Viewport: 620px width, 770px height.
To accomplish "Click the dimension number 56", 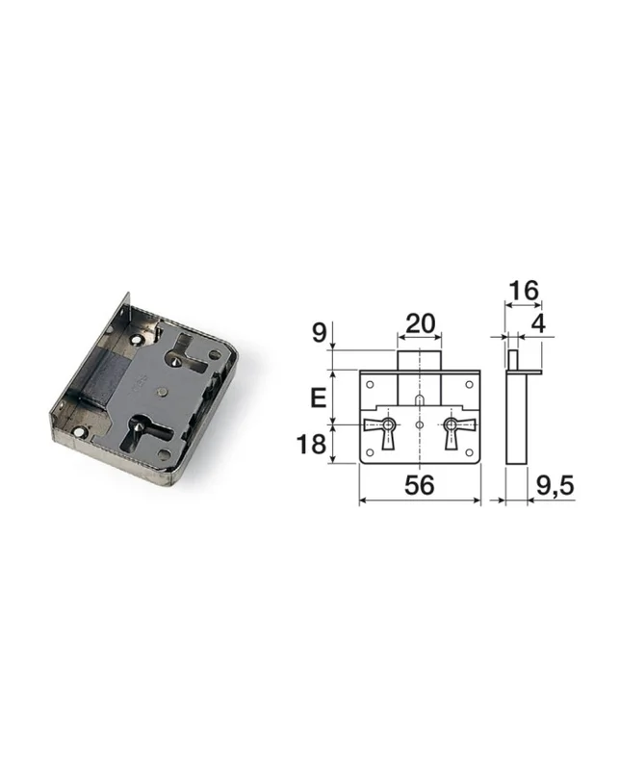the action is click(420, 485).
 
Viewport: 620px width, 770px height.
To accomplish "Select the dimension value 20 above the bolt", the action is click(420, 323).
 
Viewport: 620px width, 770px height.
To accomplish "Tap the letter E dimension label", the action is click(319, 398).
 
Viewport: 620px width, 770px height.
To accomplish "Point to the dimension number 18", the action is click(311, 445).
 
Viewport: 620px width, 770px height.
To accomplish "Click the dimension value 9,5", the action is click(555, 486).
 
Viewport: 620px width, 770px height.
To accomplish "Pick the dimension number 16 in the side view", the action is click(524, 291).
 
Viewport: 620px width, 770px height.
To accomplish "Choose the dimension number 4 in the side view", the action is click(539, 323).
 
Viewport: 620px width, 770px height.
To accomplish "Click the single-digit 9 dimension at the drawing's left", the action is click(319, 333).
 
